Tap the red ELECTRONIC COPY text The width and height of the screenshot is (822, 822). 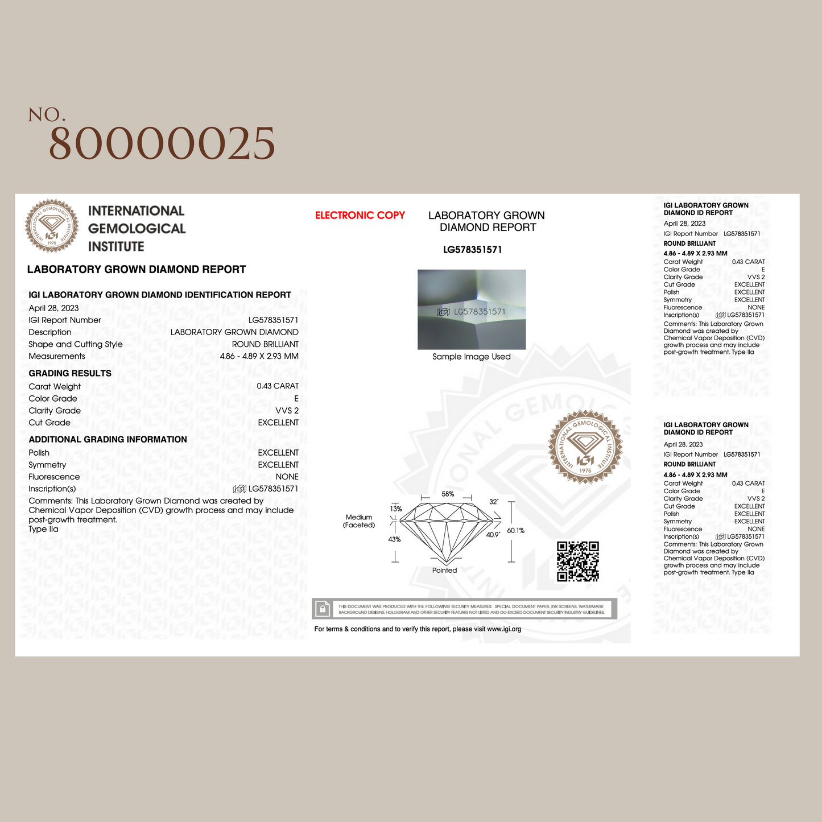tap(360, 216)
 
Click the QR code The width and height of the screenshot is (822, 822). tap(577, 561)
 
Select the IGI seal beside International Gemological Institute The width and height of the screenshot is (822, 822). tap(52, 226)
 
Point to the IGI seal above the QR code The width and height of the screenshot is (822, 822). tap(585, 447)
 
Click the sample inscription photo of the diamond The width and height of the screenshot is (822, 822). tap(472, 309)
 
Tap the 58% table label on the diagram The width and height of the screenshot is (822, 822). tap(448, 494)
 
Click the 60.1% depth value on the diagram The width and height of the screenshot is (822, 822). tap(515, 530)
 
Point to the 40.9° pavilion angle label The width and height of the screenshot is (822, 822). tap(493, 535)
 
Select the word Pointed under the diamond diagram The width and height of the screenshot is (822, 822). tap(444, 571)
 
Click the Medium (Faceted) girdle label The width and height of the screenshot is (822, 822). tap(359, 521)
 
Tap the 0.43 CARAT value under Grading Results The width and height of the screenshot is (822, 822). tap(278, 386)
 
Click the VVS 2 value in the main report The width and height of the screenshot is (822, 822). tap(287, 411)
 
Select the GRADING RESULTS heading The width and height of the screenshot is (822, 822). tap(70, 373)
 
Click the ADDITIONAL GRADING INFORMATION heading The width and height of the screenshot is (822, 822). tap(108, 439)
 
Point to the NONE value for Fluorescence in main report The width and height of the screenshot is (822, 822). tap(287, 477)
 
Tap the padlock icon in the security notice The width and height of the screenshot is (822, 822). tap(323, 609)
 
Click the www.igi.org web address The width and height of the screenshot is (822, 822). tap(504, 629)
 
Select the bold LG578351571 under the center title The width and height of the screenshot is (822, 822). tap(472, 250)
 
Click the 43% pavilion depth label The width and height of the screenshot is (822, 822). tap(394, 539)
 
